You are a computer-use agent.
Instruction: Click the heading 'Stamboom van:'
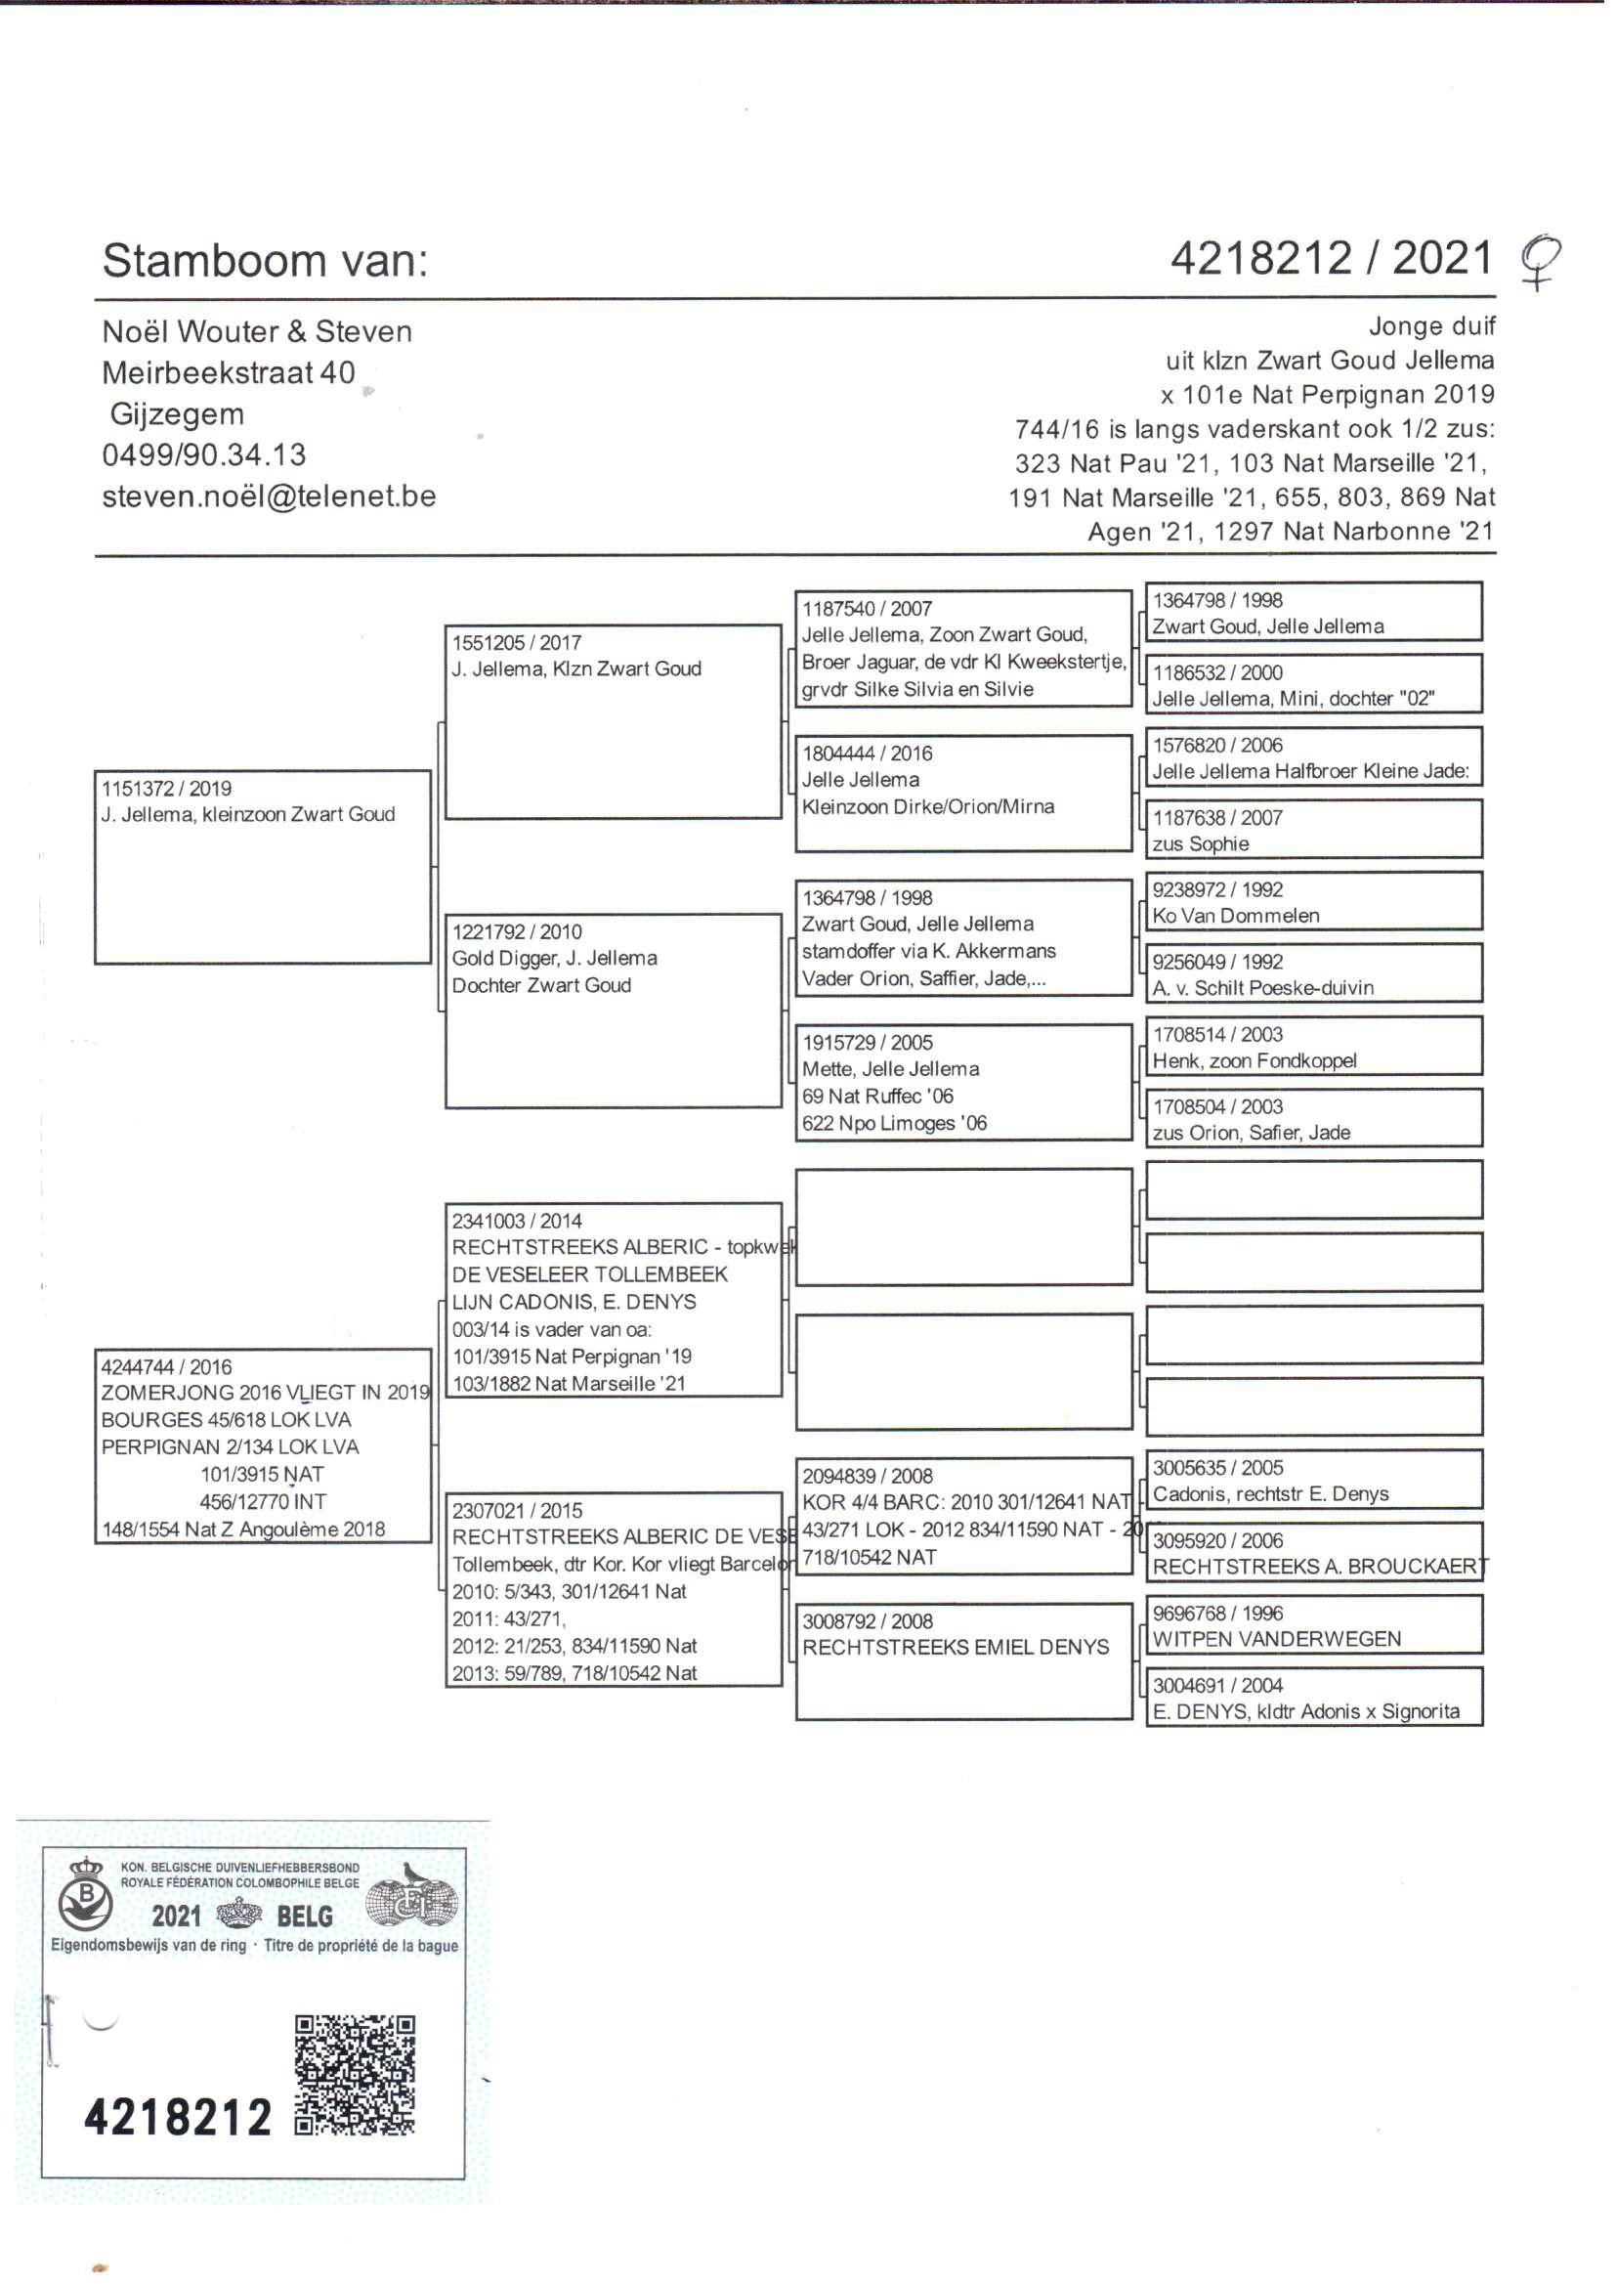[265, 261]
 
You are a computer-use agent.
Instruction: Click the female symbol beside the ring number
[1539, 261]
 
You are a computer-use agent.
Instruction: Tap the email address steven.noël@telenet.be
[269, 496]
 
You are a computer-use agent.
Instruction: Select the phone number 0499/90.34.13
[204, 454]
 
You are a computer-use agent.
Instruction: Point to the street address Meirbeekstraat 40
[228, 372]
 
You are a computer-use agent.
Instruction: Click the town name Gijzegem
[176, 414]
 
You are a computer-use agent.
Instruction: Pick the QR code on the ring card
[355, 2075]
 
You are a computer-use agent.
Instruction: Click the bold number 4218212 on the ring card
[178, 2117]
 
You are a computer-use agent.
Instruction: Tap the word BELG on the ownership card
[305, 1916]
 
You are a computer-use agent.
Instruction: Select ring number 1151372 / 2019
[166, 788]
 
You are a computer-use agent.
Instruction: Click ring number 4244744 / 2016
[166, 1366]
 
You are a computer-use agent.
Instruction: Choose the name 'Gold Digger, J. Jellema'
[554, 959]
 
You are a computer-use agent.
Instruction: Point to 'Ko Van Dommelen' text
[1235, 916]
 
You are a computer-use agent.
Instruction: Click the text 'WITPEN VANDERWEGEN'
[1276, 1639]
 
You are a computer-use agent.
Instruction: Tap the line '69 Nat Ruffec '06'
[877, 1096]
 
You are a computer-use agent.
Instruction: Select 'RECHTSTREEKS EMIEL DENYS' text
[956, 1647]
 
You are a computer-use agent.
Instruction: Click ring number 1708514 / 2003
[1217, 1034]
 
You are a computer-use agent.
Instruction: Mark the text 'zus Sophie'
[1200, 844]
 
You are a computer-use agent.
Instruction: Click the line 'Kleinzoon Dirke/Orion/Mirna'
[927, 806]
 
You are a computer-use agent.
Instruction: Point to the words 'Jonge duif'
[1431, 326]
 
